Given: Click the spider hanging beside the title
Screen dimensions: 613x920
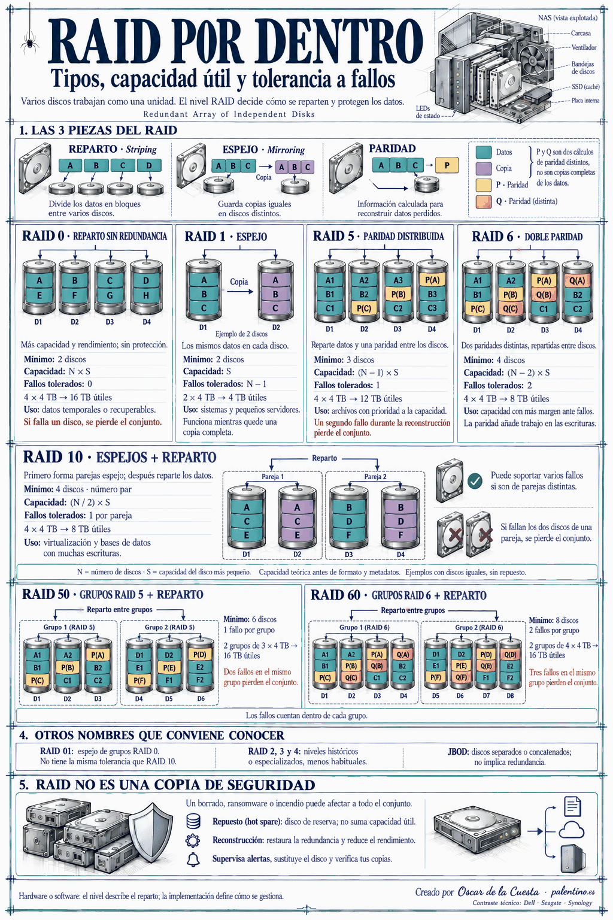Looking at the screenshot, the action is tap(30, 42).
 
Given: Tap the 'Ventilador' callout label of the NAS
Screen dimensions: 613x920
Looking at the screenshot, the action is tap(584, 48).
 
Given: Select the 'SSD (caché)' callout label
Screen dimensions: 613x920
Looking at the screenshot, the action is tap(585, 87).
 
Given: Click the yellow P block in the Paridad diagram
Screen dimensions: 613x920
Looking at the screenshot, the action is tap(447, 165).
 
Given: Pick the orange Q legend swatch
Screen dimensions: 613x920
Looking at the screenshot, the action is tap(484, 202).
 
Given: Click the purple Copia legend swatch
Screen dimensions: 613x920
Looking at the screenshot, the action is tap(484, 168).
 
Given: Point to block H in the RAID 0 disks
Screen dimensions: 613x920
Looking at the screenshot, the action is tap(146, 295).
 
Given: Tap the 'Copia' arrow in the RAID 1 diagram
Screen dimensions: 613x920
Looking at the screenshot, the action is tap(240, 292).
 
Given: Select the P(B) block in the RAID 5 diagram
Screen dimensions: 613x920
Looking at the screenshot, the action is tap(398, 295).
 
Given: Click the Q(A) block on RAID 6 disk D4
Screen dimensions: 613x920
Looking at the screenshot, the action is tap(577, 281).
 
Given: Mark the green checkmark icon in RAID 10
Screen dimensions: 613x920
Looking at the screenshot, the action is tap(475, 481).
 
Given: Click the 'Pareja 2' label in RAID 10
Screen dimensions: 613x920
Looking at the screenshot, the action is tap(375, 477).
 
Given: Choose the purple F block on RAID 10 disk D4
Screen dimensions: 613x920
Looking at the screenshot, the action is tap(400, 535).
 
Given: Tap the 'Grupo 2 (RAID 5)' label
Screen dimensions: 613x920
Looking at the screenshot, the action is tap(169, 627).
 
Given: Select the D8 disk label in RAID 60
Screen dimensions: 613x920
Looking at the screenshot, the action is tap(510, 696).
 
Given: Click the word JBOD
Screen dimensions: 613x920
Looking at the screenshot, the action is tap(458, 752).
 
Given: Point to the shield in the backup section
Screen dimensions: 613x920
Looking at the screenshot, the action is tap(151, 829).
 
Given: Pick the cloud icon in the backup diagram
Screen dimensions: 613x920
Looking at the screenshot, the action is tap(571, 830).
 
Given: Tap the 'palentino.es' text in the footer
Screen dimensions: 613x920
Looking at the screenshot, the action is tap(572, 891).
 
